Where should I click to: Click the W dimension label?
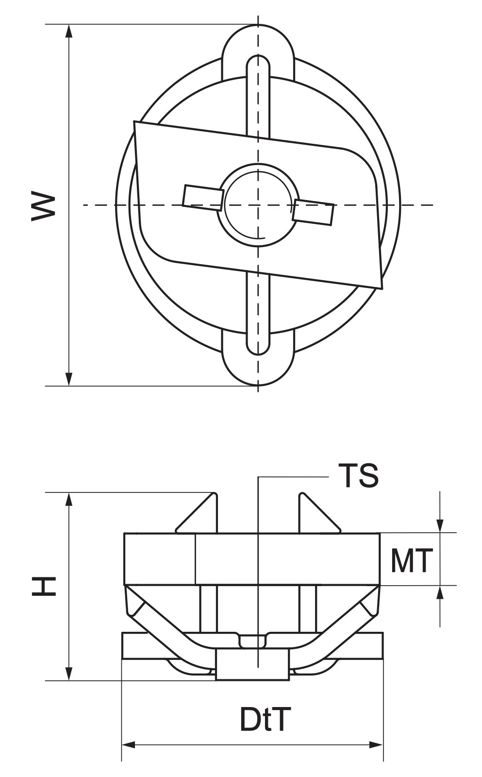(43, 205)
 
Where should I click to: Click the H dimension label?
(44, 586)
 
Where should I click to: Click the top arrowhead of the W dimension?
(69, 31)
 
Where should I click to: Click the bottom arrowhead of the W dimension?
(69, 379)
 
